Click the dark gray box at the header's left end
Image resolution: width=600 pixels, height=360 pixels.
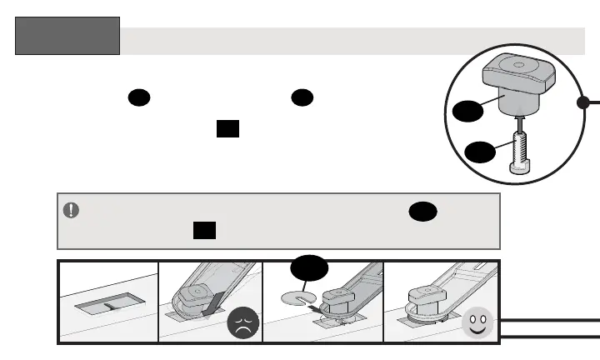point(67,36)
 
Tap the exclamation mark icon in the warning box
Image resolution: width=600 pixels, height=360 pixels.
point(72,210)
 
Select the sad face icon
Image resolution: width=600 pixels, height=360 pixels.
point(242,322)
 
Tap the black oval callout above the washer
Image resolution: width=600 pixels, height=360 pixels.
point(309,269)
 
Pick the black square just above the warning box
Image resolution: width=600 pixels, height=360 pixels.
point(227,129)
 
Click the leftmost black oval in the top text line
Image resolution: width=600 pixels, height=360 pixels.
point(138,97)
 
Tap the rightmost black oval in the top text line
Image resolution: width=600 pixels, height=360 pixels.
point(302,97)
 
